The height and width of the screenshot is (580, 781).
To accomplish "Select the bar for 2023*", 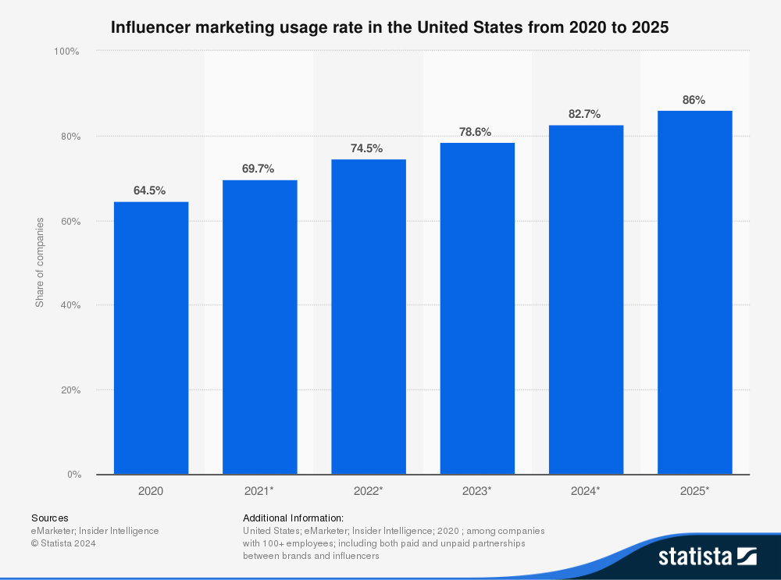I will tap(477, 308).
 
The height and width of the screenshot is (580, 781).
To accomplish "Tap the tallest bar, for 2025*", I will tap(694, 293).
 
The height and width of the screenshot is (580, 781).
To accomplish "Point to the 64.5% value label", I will tap(149, 190).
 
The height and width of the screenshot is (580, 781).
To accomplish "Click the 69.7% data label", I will tap(259, 169).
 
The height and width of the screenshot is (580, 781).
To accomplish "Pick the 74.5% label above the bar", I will tap(367, 148).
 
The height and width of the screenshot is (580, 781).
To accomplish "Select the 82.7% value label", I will tap(584, 114).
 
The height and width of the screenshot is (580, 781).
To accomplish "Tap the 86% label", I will tap(694, 100).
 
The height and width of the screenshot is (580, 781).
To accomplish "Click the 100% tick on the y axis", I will tap(66, 52).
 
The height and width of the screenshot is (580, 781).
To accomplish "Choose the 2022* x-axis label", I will tap(369, 491).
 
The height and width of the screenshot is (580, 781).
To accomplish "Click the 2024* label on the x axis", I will tap(586, 491).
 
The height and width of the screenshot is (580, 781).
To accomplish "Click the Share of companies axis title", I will tap(39, 262).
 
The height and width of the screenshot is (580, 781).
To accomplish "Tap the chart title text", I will tap(390, 27).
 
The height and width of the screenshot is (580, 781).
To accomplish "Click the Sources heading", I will tap(49, 518).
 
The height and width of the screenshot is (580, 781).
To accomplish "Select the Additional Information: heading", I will tap(293, 518).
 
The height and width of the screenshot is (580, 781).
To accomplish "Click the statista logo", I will tap(707, 557).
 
